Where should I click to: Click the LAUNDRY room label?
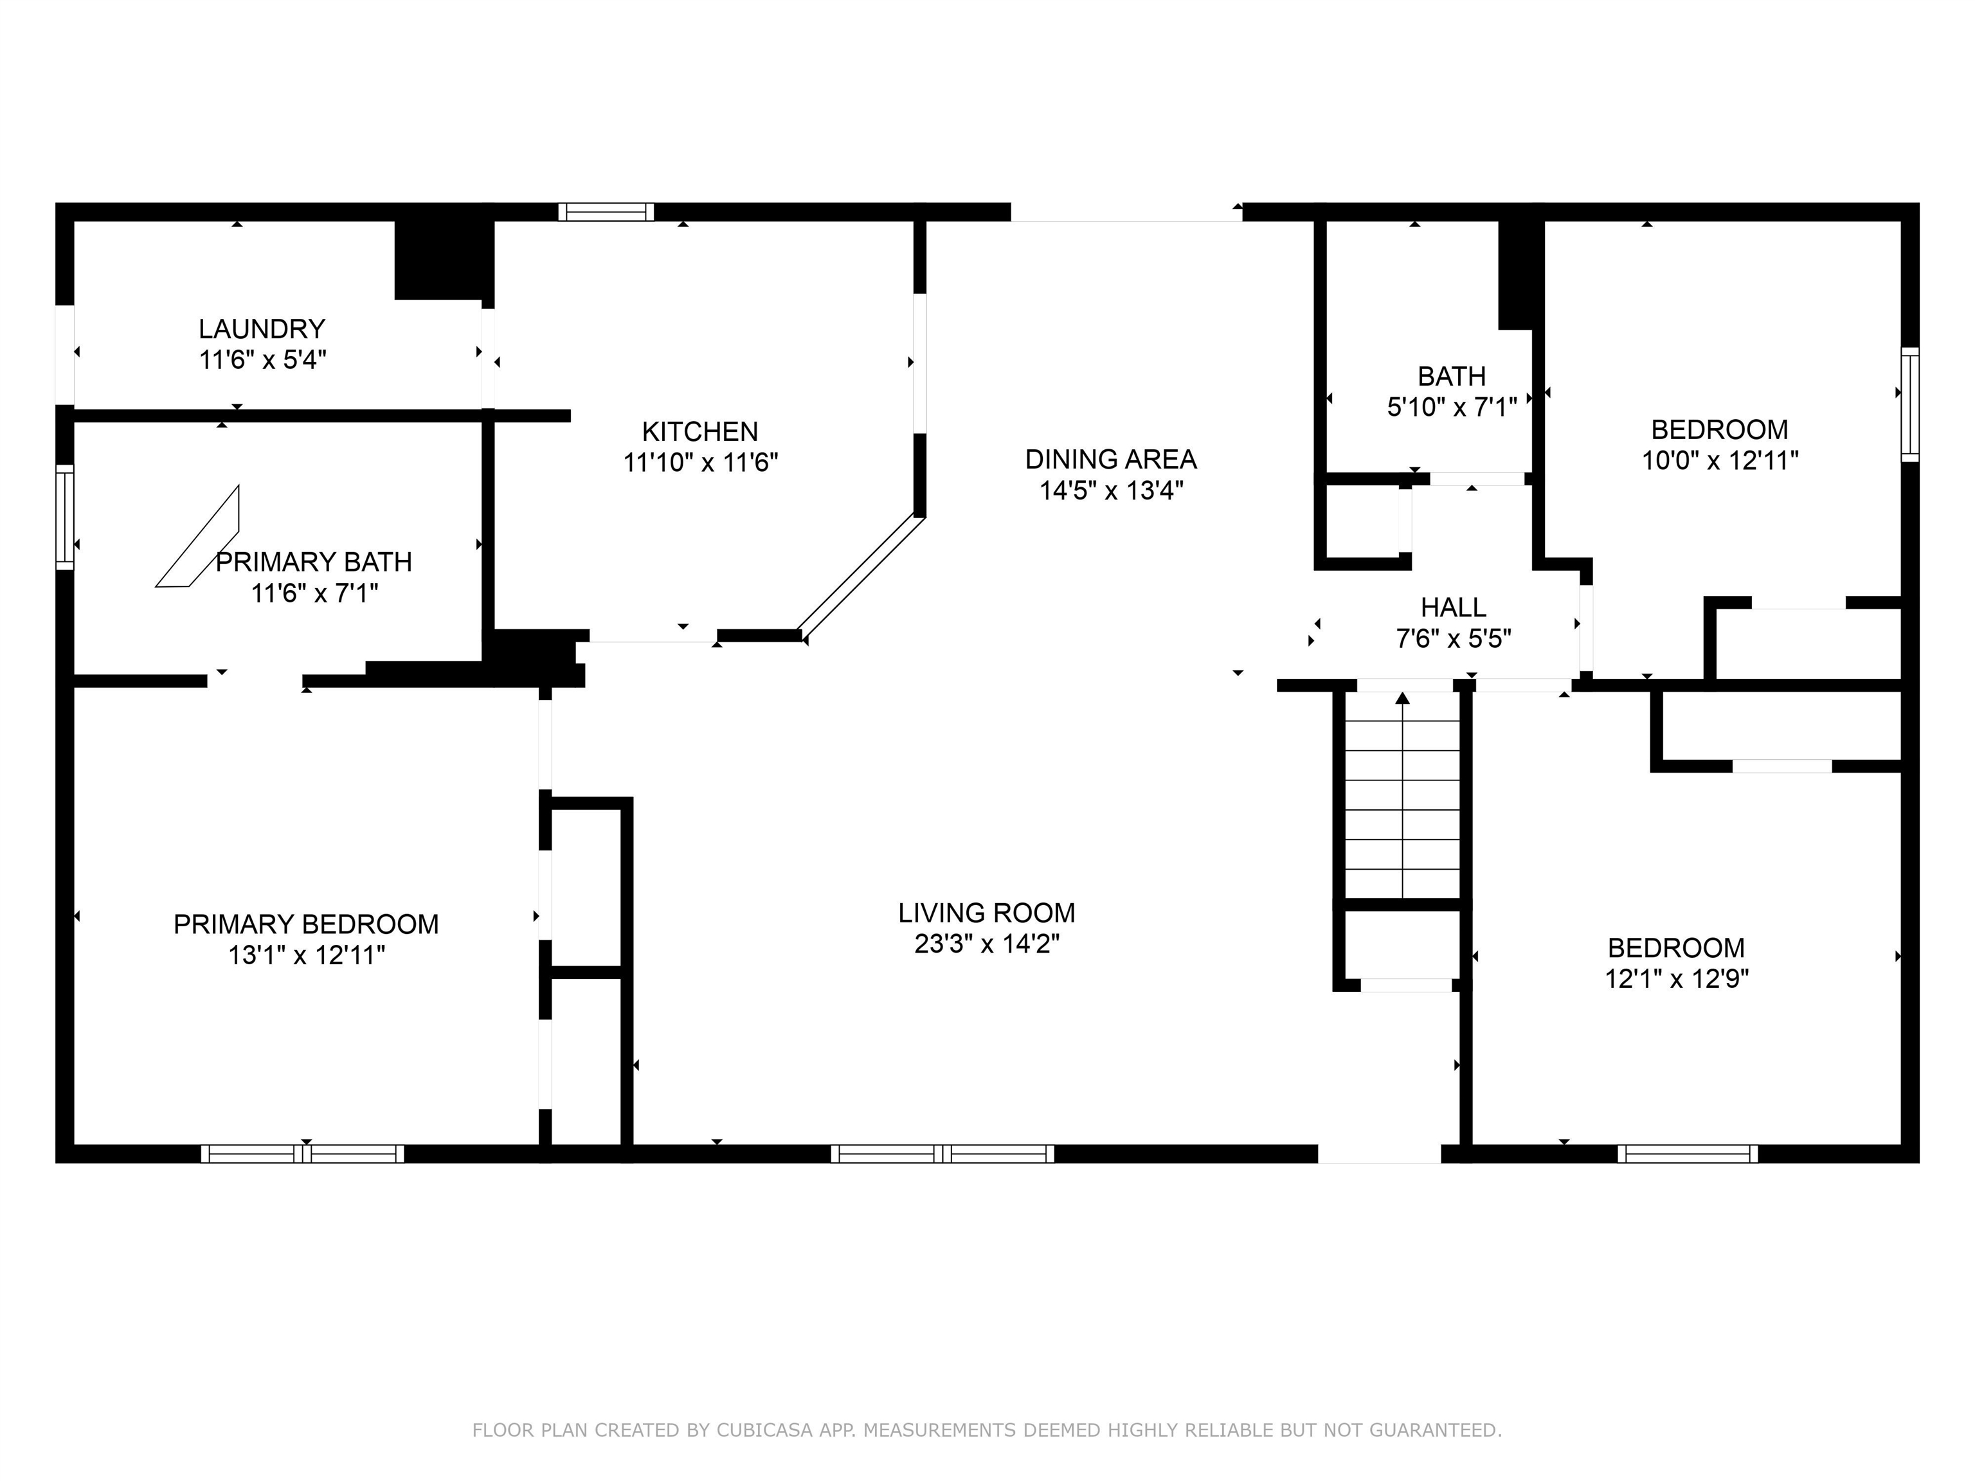coord(261,329)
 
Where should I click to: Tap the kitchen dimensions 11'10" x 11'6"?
coord(700,462)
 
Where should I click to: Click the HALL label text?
coord(1453,608)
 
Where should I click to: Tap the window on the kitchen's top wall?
coord(606,211)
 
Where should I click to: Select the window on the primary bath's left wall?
coord(64,517)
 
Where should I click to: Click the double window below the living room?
coord(942,1153)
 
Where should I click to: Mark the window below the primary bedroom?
coord(303,1153)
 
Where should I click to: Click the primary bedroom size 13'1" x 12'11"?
coord(306,955)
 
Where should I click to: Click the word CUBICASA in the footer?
coord(763,1430)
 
